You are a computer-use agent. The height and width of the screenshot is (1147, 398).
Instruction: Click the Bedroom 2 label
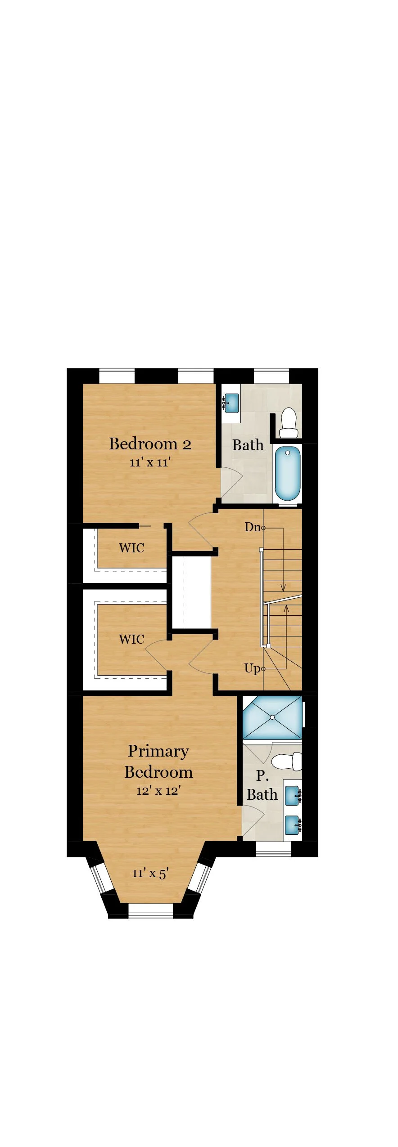point(150,444)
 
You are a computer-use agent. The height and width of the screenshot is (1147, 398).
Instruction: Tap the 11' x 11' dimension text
point(150,462)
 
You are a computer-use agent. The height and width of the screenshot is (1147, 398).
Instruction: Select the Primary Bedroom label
point(158,761)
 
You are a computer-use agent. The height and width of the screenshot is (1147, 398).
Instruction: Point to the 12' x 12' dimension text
point(158,790)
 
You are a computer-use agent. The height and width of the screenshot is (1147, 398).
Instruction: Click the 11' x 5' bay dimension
point(150,873)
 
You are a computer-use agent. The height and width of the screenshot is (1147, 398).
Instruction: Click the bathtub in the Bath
point(287,473)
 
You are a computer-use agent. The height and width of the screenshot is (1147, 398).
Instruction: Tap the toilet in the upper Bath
point(289,423)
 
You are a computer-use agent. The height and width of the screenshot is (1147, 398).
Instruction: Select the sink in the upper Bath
point(231,403)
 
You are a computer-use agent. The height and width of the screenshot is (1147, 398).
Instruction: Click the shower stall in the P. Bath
point(272,717)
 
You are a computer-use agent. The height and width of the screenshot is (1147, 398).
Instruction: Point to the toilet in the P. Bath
point(287,762)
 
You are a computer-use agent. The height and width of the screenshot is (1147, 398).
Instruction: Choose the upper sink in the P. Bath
point(293,796)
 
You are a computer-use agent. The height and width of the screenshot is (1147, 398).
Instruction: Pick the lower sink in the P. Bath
point(293,825)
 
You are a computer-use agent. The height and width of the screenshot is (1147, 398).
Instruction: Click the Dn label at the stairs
point(253,527)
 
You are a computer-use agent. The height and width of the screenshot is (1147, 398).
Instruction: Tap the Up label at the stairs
point(252,668)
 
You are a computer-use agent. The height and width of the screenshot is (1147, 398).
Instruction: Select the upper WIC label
point(131,548)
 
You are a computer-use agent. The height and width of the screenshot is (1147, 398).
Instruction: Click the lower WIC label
point(131,639)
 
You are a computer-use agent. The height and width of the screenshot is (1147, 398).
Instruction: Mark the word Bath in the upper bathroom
point(248,445)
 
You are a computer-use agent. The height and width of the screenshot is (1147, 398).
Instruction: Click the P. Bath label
point(262,785)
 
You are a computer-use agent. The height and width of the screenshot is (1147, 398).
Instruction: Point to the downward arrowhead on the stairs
point(283,588)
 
